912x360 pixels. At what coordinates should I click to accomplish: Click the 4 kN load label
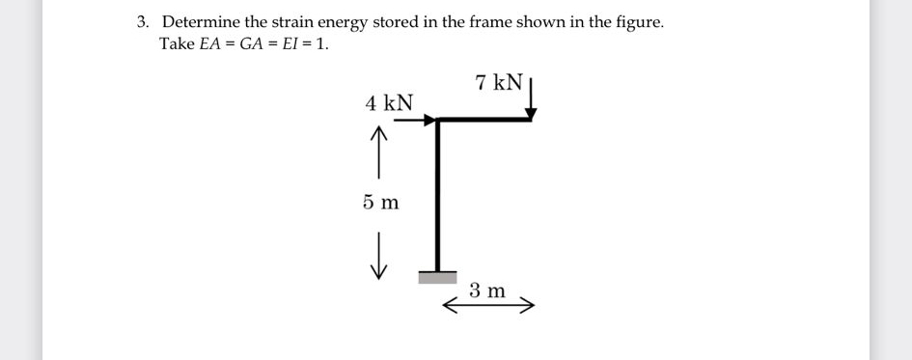pos(388,102)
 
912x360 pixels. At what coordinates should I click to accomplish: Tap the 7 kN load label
pos(499,82)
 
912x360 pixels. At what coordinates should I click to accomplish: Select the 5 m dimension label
pos(381,203)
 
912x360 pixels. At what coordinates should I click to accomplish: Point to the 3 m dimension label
pos(487,290)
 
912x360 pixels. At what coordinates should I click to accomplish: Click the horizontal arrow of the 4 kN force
pos(415,121)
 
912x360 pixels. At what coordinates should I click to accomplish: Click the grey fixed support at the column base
pos(437,277)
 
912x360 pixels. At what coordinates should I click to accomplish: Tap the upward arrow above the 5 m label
pos(378,154)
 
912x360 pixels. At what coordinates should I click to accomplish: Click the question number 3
pos(142,21)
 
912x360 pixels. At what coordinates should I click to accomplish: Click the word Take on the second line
pos(177,44)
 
